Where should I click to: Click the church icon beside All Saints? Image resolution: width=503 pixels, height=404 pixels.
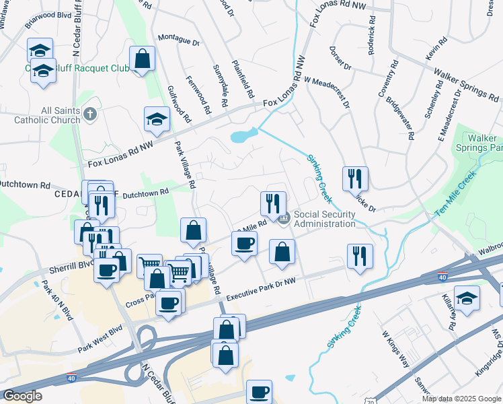(x=91, y=115)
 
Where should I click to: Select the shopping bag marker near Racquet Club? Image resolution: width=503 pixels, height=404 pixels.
(x=143, y=59)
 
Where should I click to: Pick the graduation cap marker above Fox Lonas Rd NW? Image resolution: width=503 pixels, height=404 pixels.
(x=157, y=120)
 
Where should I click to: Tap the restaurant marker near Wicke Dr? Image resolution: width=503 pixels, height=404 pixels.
(x=356, y=179)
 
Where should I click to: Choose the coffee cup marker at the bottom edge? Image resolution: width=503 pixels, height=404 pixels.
(x=259, y=392)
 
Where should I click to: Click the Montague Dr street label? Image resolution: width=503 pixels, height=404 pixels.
(x=178, y=40)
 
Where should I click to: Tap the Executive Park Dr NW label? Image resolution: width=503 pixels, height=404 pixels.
(x=260, y=290)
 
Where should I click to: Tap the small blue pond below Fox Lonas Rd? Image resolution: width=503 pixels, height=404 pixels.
(x=243, y=136)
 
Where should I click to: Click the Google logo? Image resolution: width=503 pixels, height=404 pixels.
(x=23, y=396)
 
